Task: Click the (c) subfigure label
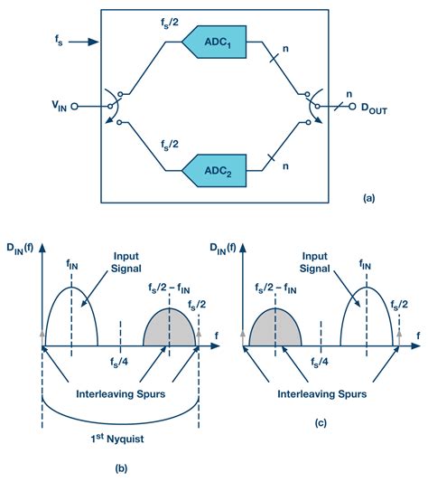[321, 421]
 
